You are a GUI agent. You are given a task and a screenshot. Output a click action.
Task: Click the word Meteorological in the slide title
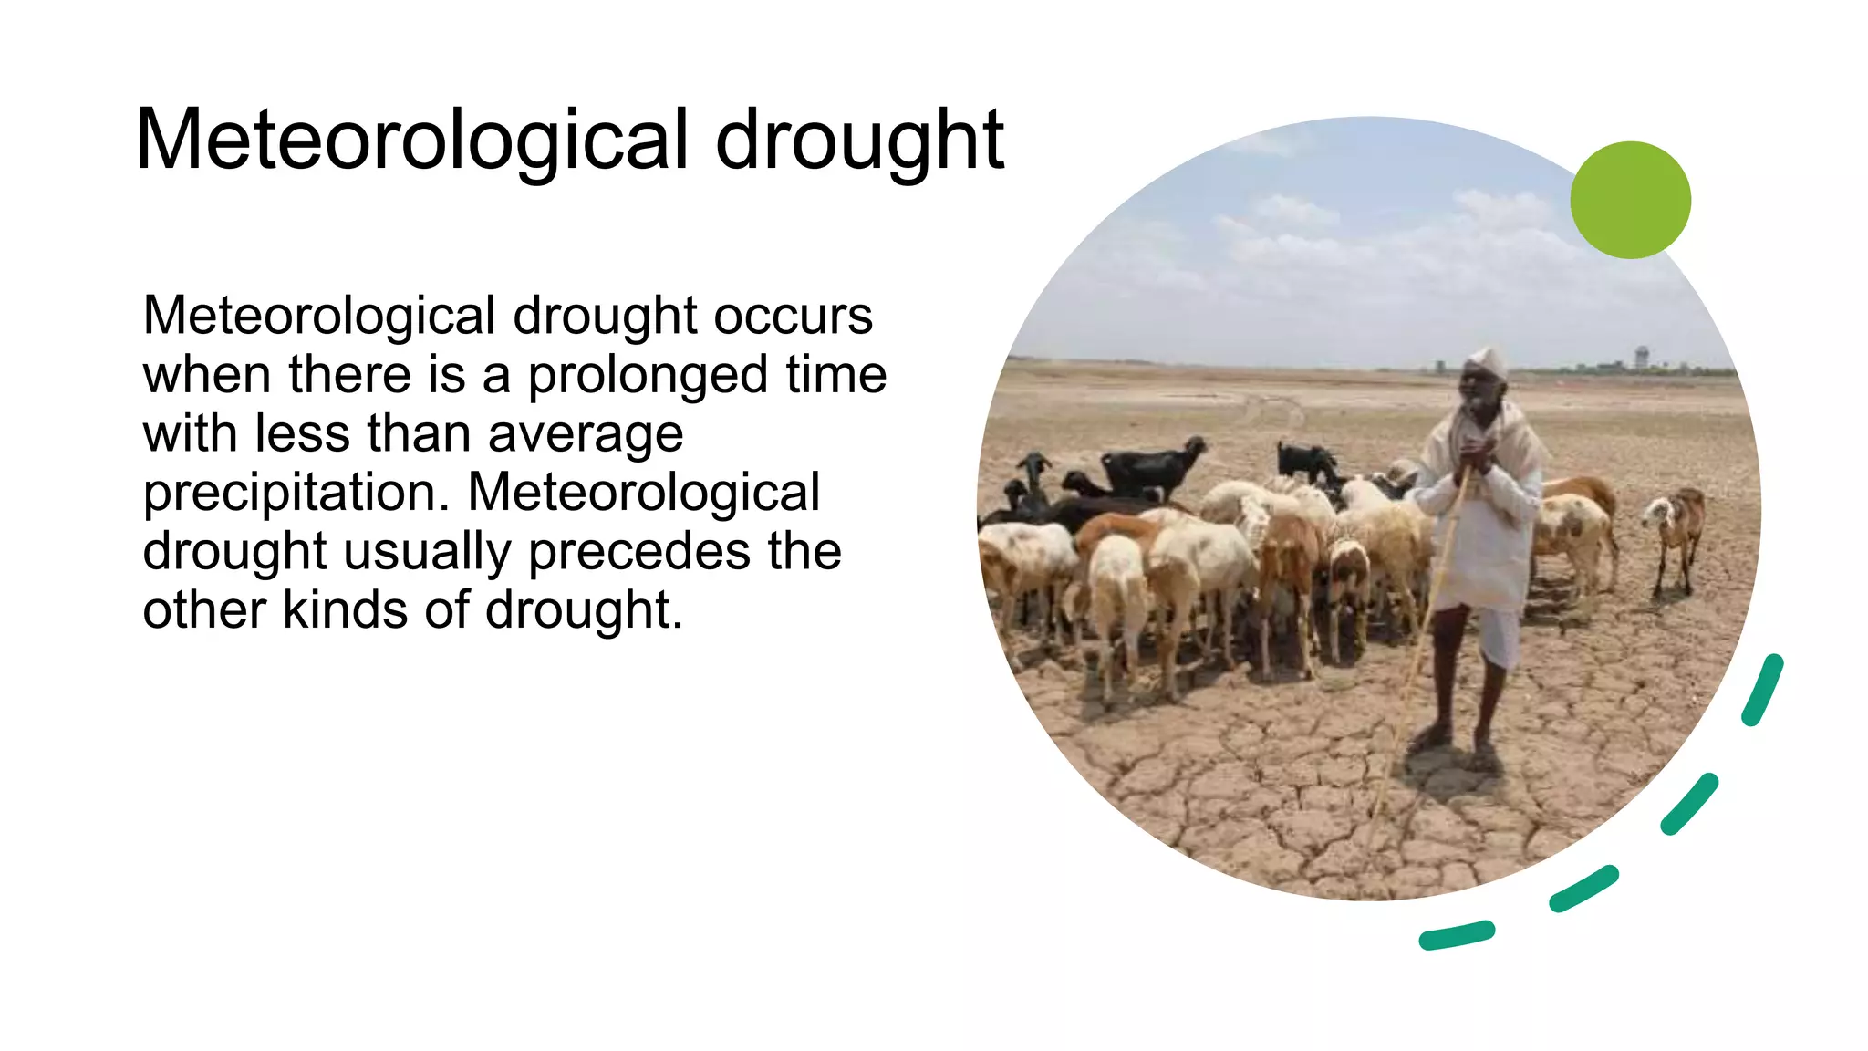click(x=411, y=141)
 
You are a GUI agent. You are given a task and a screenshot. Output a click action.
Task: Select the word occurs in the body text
click(x=793, y=317)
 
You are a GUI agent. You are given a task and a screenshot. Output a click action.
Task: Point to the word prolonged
click(x=648, y=376)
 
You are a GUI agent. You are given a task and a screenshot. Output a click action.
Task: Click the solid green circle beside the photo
click(x=1630, y=200)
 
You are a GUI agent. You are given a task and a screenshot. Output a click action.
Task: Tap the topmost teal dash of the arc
click(x=1762, y=690)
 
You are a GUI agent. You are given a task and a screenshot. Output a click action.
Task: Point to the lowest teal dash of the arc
click(x=1457, y=935)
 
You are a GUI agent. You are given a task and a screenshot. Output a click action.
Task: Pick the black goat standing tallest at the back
click(x=1154, y=465)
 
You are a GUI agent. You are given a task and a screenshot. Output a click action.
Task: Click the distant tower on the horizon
click(x=1641, y=357)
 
